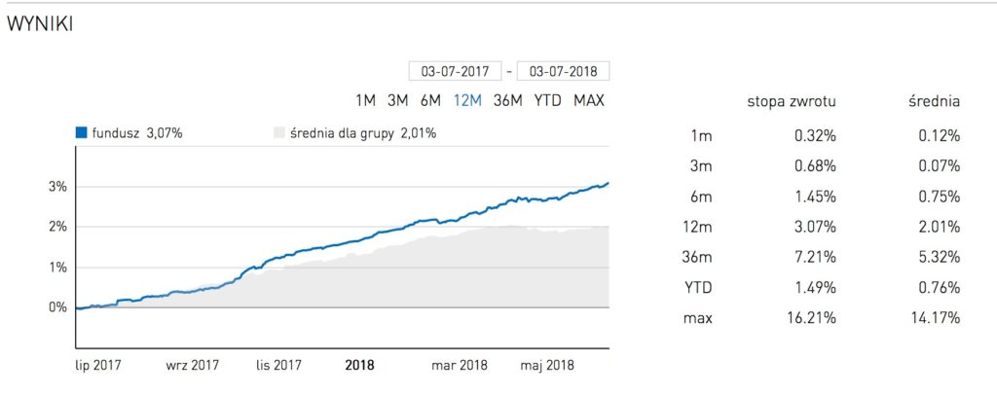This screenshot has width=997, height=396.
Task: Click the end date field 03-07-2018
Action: click(564, 71)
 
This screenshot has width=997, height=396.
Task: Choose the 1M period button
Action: click(366, 100)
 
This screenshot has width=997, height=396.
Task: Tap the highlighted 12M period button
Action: click(467, 100)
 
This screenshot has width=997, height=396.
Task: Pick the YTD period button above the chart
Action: click(547, 100)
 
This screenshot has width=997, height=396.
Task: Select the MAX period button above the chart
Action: click(589, 100)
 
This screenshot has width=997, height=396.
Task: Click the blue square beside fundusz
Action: click(82, 133)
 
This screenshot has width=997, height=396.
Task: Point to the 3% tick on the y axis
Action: click(58, 186)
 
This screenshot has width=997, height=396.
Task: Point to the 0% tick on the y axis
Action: click(58, 307)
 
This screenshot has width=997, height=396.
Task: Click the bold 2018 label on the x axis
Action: click(360, 367)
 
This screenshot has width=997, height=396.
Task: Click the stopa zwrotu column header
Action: click(792, 101)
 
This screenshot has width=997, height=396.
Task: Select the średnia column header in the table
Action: click(933, 101)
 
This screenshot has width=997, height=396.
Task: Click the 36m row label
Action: click(699, 258)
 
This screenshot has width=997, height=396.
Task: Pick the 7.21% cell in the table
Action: click(816, 258)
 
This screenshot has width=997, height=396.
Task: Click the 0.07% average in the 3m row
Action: click(940, 166)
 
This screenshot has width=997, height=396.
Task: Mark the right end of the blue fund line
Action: click(609, 183)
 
